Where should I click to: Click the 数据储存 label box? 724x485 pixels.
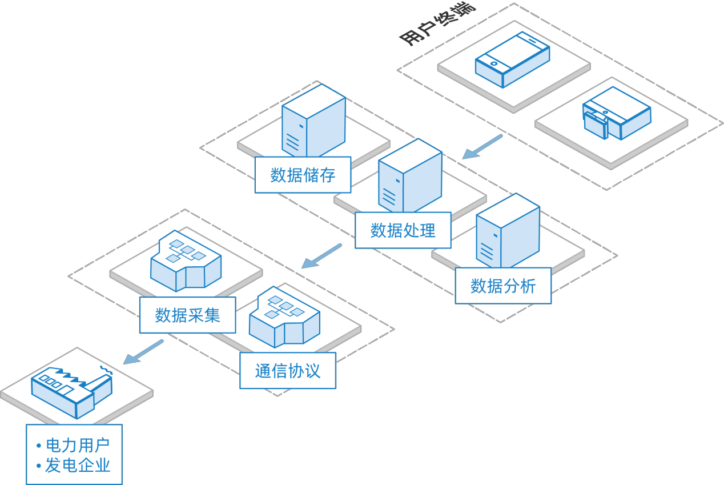(x=303, y=175)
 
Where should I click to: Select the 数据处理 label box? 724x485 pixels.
(x=403, y=230)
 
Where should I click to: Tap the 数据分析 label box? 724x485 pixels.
(x=503, y=286)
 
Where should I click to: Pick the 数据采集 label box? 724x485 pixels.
(x=187, y=315)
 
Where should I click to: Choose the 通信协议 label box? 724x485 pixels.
(x=288, y=371)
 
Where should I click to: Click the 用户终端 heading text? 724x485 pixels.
(x=437, y=24)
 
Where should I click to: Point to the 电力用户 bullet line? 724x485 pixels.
(x=73, y=446)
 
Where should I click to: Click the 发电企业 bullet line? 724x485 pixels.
(x=73, y=465)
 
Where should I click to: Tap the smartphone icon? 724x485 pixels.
(x=512, y=59)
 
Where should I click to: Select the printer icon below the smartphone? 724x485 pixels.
(x=617, y=113)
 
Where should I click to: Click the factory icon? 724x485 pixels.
(x=72, y=393)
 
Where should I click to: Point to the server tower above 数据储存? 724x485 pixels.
(x=313, y=121)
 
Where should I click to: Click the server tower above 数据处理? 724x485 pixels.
(x=410, y=175)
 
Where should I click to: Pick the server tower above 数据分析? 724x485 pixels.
(x=508, y=231)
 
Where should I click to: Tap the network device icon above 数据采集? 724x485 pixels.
(x=186, y=260)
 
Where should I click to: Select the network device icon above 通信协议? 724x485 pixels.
(x=284, y=317)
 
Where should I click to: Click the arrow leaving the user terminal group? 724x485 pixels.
(x=482, y=147)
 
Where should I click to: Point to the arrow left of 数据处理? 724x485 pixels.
(x=321, y=256)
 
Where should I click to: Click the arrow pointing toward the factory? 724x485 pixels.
(x=143, y=352)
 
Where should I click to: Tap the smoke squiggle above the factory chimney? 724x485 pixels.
(x=106, y=370)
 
